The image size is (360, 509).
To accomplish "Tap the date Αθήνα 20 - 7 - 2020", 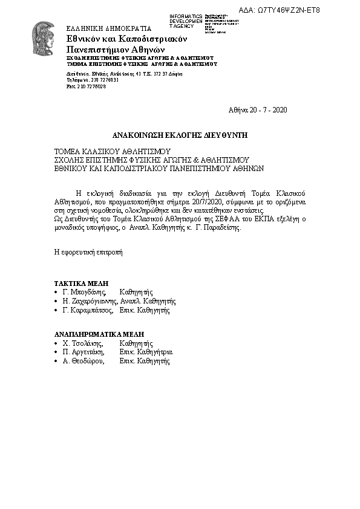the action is (x=257, y=110).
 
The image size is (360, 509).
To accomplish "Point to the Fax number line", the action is (x=86, y=86).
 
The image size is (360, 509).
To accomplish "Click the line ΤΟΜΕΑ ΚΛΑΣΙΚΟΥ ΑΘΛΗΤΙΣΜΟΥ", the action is (x=113, y=151).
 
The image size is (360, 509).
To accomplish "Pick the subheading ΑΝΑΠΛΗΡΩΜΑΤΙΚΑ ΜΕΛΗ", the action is (x=100, y=334).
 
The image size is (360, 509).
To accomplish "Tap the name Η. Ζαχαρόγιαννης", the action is (x=90, y=300).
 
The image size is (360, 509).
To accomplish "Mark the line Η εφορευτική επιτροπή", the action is (x=88, y=252).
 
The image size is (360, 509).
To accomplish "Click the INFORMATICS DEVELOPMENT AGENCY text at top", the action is (x=186, y=21).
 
